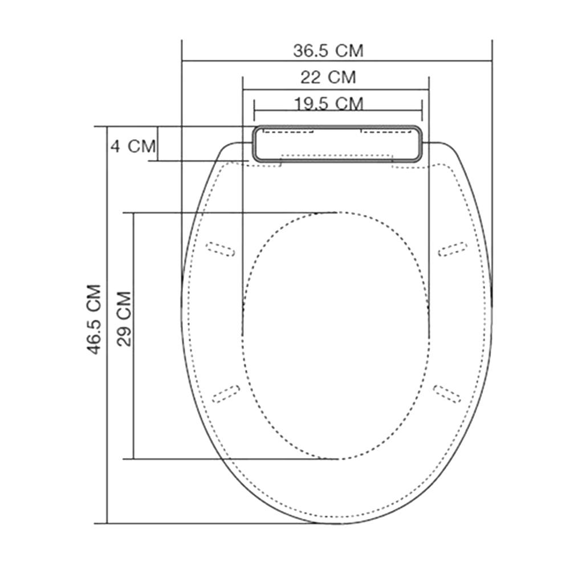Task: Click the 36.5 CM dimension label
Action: (328, 50)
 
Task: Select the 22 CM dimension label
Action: (328, 76)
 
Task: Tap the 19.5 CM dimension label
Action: (329, 103)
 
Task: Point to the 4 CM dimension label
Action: (133, 146)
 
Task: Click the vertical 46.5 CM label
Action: (94, 319)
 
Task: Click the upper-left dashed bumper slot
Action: (220, 249)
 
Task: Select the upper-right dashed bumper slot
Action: (453, 249)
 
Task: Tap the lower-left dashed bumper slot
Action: (226, 393)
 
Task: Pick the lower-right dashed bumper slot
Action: (447, 393)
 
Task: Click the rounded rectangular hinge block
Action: (337, 143)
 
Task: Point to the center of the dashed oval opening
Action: (336, 336)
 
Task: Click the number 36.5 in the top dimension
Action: (312, 50)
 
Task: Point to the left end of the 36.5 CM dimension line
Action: (182, 59)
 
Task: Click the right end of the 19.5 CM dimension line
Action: (422, 111)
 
